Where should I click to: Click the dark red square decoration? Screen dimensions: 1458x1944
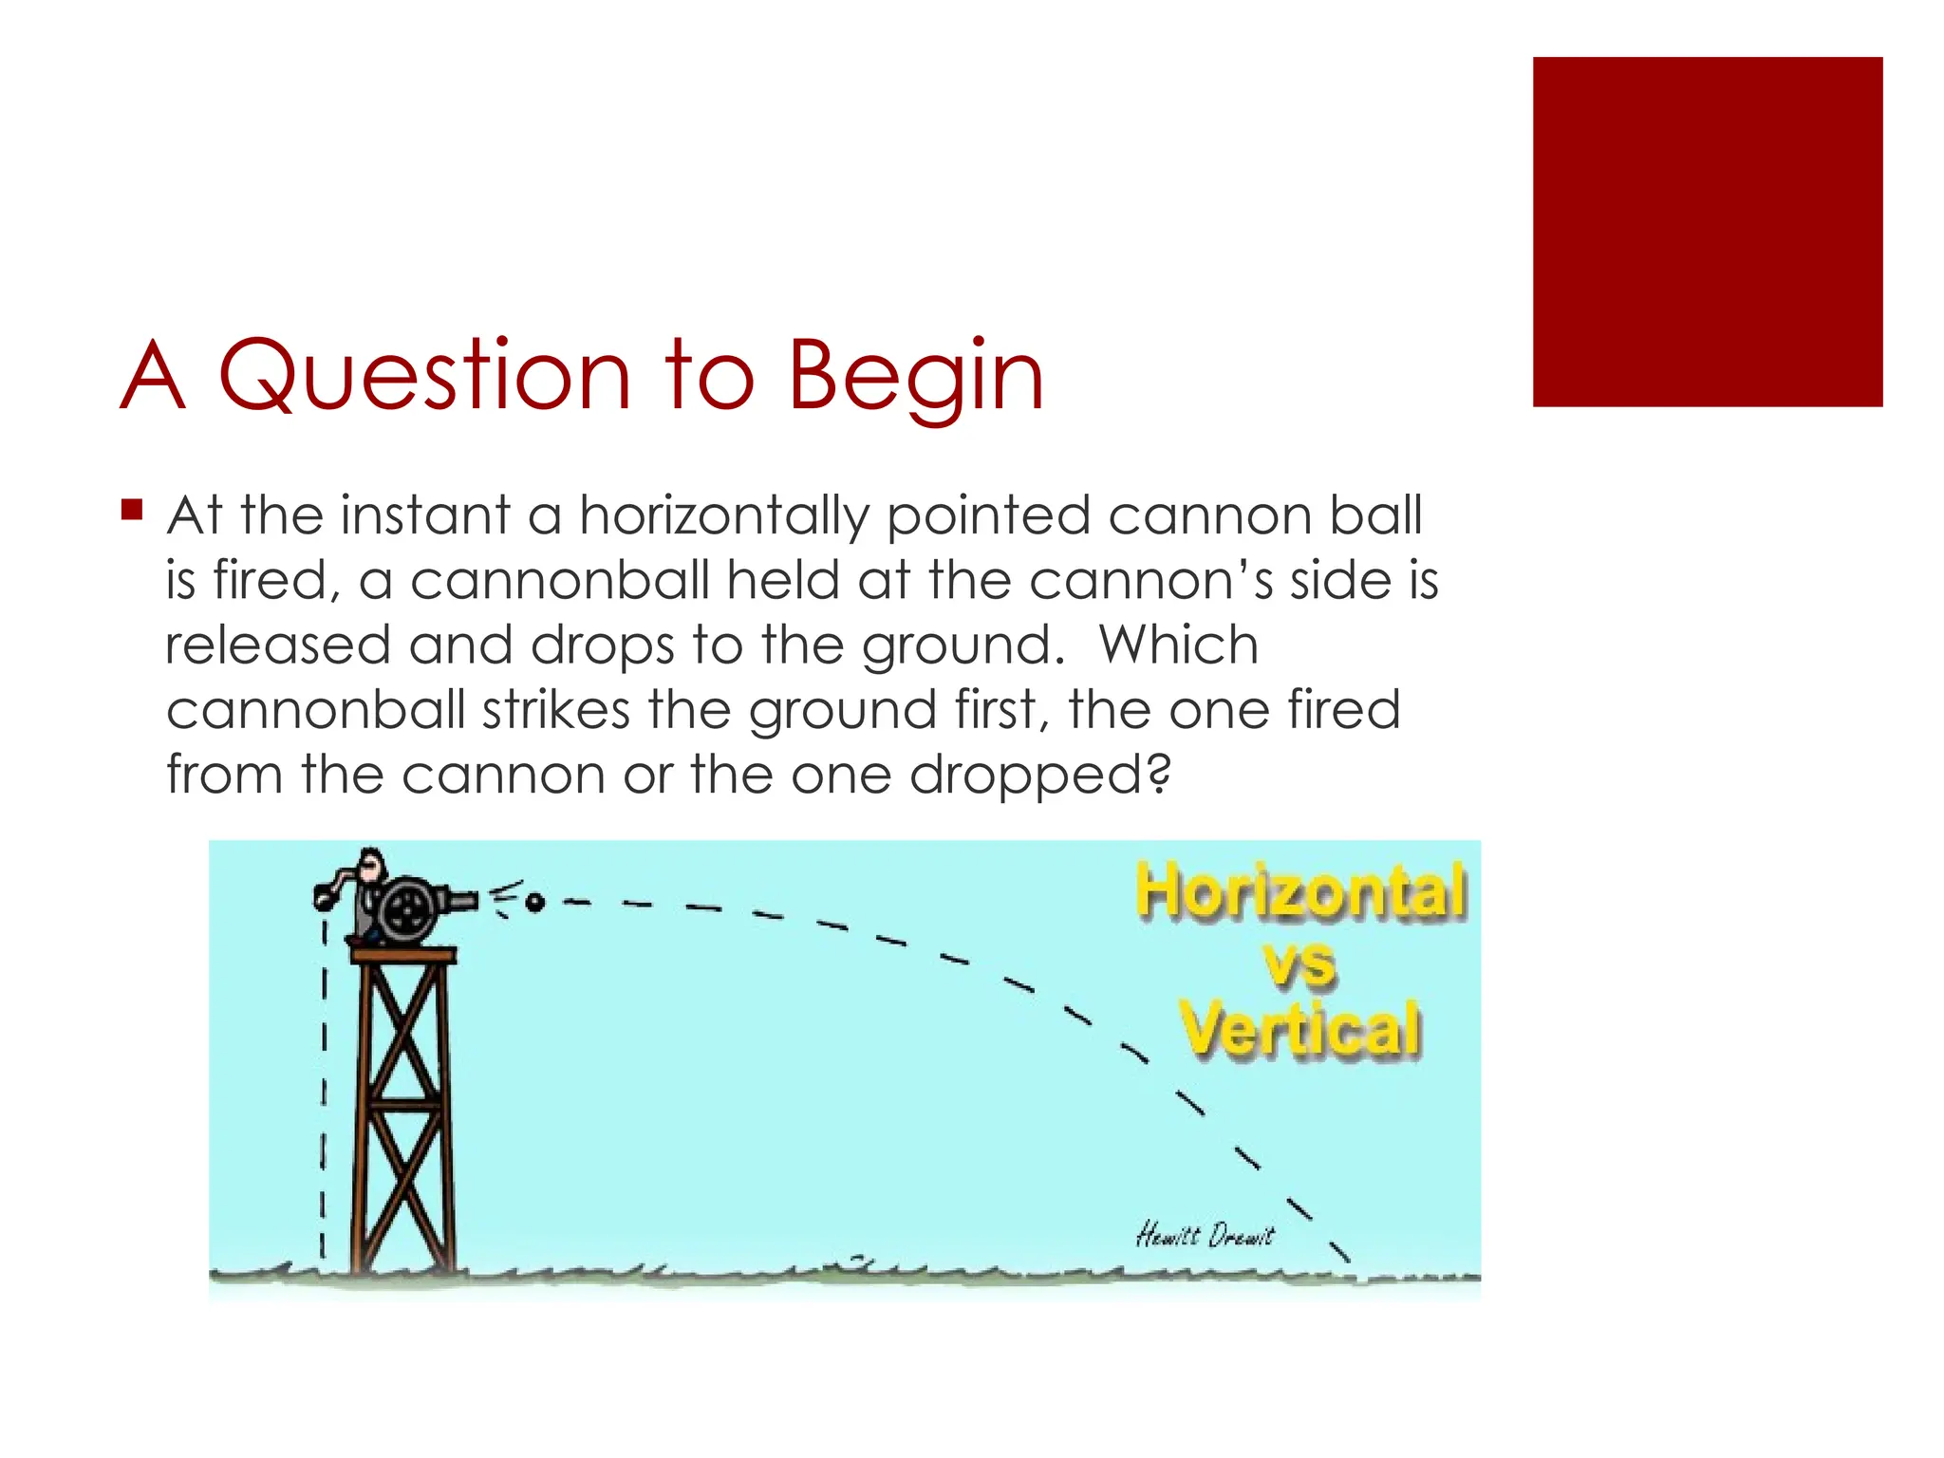[1707, 232]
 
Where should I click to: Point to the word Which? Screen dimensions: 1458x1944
[1178, 645]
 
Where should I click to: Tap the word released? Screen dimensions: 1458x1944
[277, 645]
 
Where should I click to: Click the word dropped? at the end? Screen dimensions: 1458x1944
[1040, 776]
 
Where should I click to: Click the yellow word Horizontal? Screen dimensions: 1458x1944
[1300, 891]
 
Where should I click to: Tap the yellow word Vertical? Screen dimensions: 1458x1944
[1300, 1029]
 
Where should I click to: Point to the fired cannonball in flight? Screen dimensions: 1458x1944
[534, 902]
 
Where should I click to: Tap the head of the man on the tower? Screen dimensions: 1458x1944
[373, 865]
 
